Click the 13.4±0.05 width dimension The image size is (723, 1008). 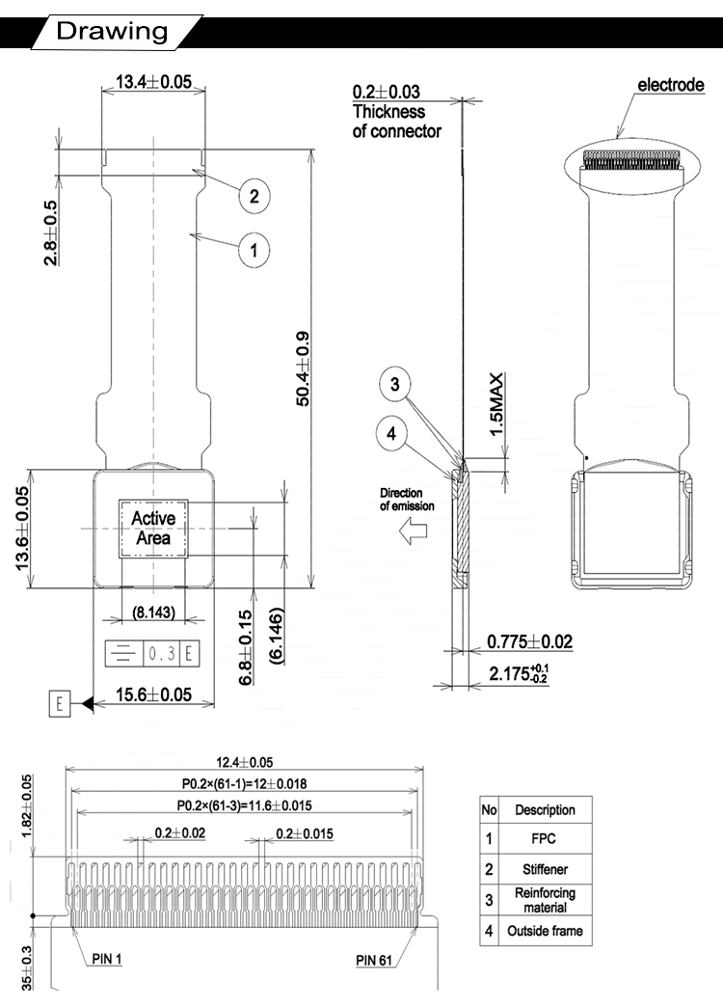click(x=153, y=82)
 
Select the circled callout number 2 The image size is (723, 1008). click(x=254, y=197)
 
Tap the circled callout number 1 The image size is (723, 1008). click(x=254, y=252)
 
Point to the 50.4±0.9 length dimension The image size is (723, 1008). click(x=303, y=368)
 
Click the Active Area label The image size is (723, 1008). click(x=153, y=528)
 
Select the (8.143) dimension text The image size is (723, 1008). click(x=153, y=612)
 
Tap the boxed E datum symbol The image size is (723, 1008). click(x=58, y=703)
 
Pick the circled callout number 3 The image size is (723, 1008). click(x=394, y=384)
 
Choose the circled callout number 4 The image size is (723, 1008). click(x=390, y=434)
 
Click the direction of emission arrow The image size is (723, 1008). click(x=416, y=531)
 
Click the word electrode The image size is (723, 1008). click(x=671, y=85)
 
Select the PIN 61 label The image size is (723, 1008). click(x=378, y=959)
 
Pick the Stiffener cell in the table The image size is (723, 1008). click(x=545, y=869)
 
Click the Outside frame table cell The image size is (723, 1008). click(x=545, y=931)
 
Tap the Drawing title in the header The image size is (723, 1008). click(x=112, y=31)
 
